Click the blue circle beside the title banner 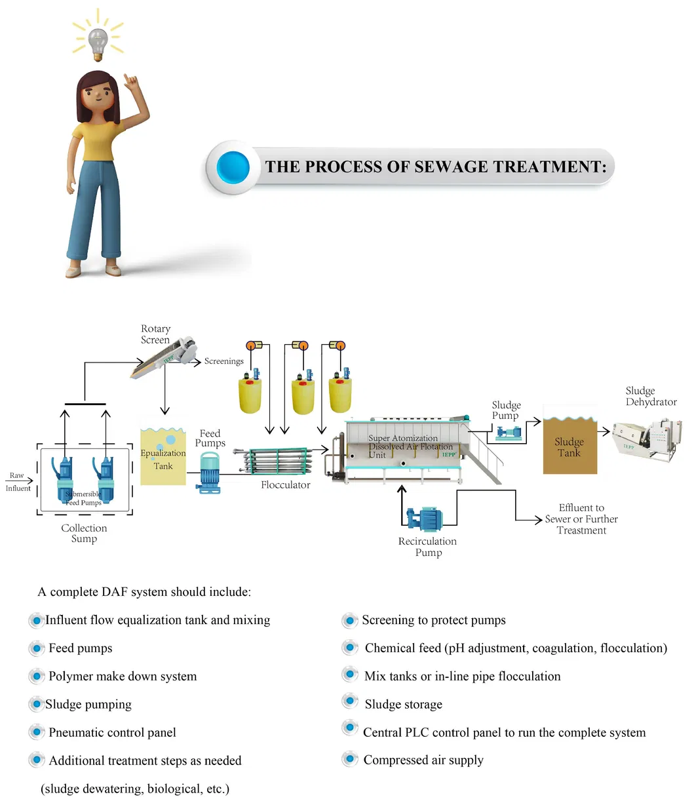(x=233, y=167)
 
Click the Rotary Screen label (x=155, y=334)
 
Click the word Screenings (x=223, y=361)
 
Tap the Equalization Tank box (x=163, y=456)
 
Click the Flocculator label (x=286, y=485)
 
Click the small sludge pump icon (x=509, y=433)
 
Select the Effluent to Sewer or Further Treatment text (x=581, y=519)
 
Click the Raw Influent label (x=18, y=482)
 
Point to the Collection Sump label (x=84, y=533)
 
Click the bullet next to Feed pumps (x=37, y=648)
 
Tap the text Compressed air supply (x=423, y=760)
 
